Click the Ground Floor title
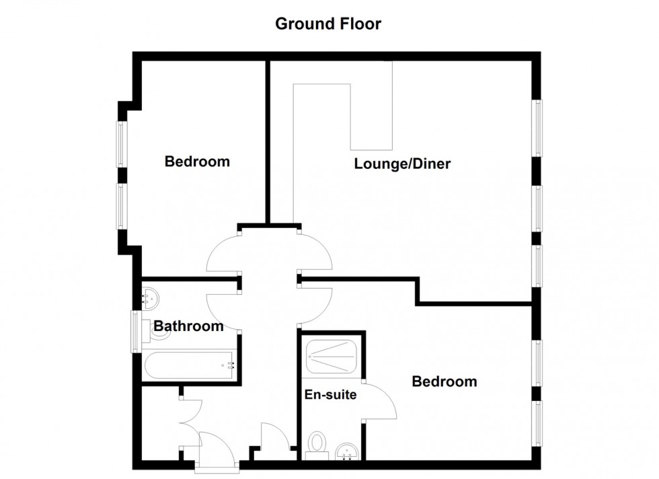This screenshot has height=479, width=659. click(x=328, y=24)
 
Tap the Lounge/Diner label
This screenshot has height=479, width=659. click(x=402, y=163)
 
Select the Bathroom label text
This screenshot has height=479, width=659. click(x=188, y=326)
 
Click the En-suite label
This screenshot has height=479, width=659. click(x=330, y=394)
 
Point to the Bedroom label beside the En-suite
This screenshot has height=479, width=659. click(x=444, y=381)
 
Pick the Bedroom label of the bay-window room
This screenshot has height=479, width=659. click(x=197, y=161)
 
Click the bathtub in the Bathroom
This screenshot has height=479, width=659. click(x=190, y=365)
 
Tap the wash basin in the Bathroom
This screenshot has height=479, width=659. click(x=151, y=299)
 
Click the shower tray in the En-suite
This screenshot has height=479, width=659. click(x=331, y=357)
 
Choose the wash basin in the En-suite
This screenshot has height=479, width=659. click(x=347, y=451)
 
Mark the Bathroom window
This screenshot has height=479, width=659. click(x=136, y=332)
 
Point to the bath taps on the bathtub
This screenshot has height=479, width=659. click(x=229, y=365)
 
